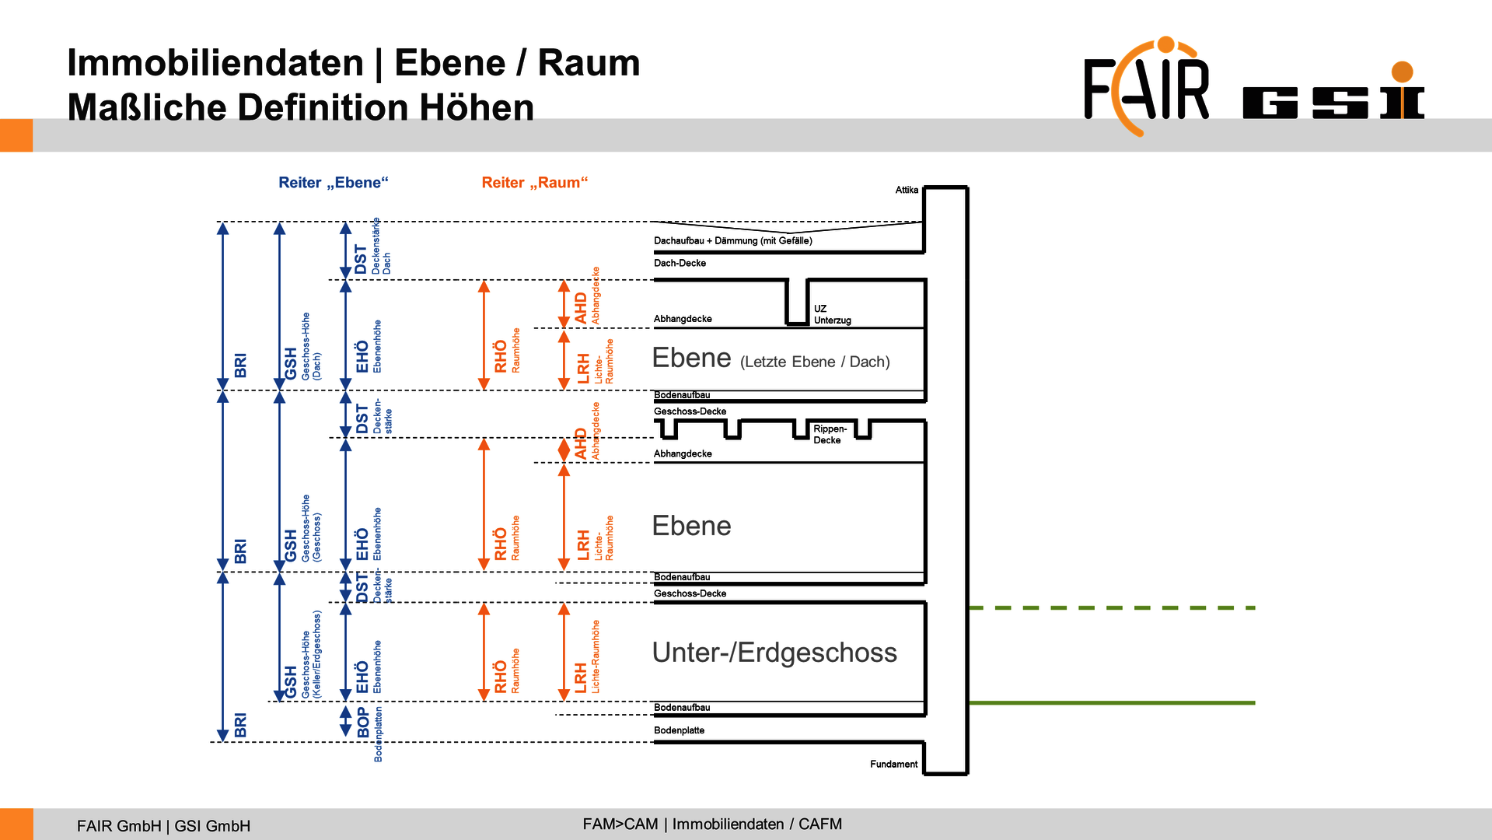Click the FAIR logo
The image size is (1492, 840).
coord(1147,87)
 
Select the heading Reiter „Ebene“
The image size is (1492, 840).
coord(333,183)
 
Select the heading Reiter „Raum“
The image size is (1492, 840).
coord(534,183)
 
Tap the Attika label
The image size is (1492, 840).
coord(907,190)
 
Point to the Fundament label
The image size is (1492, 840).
coord(893,765)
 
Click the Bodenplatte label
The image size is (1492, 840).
coord(679,730)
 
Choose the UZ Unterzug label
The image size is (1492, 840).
coord(832,314)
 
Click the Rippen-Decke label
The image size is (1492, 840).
coord(830,434)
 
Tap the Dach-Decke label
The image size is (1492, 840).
coord(680,263)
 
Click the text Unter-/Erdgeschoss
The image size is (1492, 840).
coord(774,653)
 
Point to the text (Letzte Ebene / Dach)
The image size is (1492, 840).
coord(815,362)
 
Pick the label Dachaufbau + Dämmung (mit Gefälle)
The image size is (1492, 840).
coord(732,241)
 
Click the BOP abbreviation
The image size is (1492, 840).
coord(363,722)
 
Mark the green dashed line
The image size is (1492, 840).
coord(1112,607)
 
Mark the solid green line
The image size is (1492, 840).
coord(1112,703)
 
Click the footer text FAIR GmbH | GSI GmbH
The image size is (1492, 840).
coord(163,826)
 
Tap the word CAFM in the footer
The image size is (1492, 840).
coord(819,824)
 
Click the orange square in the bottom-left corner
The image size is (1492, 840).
coord(16,824)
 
